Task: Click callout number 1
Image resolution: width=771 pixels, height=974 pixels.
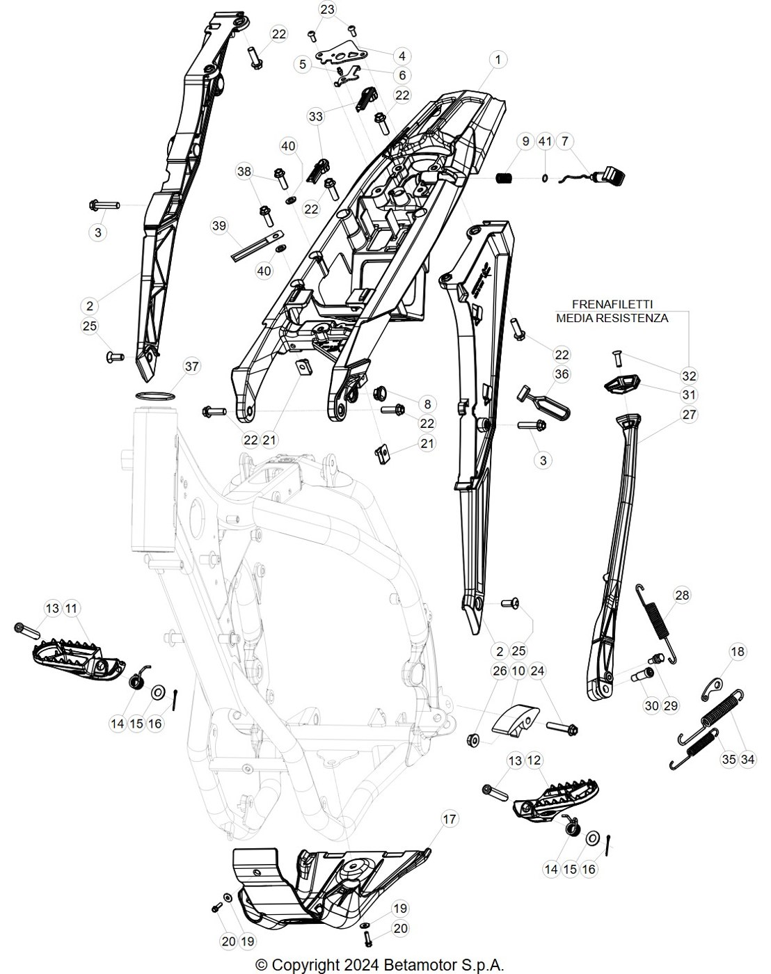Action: point(498,60)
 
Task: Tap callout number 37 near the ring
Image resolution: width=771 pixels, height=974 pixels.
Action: point(191,366)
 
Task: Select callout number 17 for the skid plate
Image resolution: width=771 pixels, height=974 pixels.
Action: point(449,819)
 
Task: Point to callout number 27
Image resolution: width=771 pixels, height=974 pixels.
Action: point(689,415)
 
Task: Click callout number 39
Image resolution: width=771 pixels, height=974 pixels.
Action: point(219,225)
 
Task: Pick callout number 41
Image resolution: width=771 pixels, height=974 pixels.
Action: point(545,141)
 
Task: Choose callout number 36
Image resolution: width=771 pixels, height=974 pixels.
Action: point(562,374)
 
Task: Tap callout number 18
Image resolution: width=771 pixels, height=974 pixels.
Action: point(738,651)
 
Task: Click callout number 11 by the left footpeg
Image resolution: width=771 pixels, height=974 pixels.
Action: point(71,608)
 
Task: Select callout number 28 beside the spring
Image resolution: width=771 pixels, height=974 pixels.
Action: point(682,595)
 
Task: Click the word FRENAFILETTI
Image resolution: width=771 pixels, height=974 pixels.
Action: point(612,304)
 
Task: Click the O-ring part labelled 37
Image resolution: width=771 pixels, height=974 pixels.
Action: point(155,395)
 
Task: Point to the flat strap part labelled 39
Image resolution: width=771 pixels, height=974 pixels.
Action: point(257,247)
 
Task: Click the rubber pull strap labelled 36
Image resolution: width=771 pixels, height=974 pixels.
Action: point(543,402)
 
